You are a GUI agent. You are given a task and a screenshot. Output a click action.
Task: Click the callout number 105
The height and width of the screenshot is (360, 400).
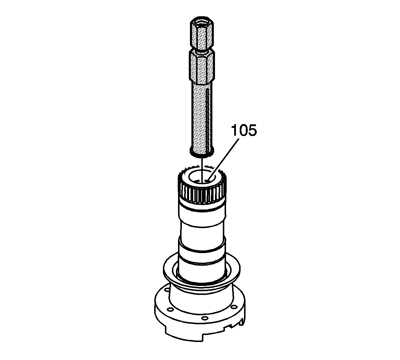[244, 130]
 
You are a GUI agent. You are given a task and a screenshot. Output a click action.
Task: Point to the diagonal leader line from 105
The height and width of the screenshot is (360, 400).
[223, 160]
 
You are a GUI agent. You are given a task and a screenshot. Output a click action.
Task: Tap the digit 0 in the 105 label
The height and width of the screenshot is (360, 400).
[244, 130]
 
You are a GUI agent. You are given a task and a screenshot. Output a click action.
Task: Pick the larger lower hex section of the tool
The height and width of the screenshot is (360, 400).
[202, 67]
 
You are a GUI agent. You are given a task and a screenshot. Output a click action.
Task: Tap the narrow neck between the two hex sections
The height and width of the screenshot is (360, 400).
[202, 52]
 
